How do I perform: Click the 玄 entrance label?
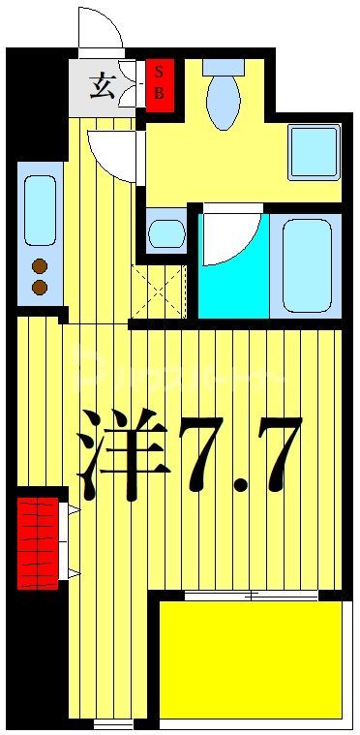coord(102,88)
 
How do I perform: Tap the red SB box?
coord(160,85)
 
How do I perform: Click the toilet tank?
coord(224,67)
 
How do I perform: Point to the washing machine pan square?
coord(314,152)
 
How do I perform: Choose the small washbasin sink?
coord(166,233)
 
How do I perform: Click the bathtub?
coord(306,263)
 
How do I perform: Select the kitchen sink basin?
coord(40,210)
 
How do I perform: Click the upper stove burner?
coord(40,266)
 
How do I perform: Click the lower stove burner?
coord(40,287)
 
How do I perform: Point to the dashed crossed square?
coord(158,291)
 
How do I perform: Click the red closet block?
coord(38,542)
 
